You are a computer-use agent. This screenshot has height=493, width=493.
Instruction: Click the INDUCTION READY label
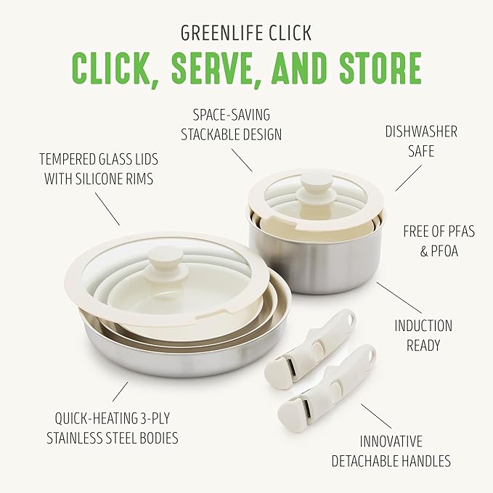(x=423, y=336)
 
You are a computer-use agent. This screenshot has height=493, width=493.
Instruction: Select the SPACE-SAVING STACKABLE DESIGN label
(x=237, y=124)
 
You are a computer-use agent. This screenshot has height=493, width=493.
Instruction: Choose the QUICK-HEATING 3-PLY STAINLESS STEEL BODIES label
(x=112, y=428)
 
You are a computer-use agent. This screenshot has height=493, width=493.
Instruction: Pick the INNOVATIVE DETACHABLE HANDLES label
(x=391, y=451)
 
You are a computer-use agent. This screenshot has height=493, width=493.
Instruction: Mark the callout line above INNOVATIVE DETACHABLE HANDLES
(x=376, y=416)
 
